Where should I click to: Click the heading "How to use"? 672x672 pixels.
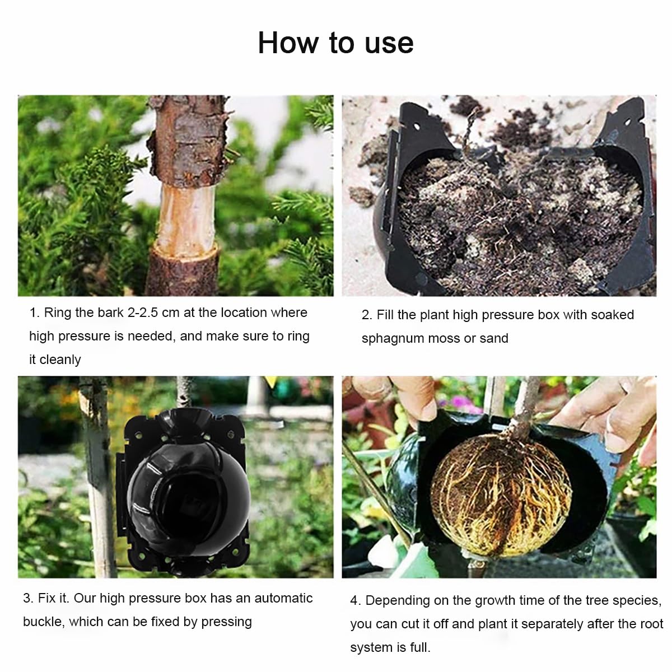point(335,43)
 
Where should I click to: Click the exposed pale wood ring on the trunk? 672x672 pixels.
point(186,216)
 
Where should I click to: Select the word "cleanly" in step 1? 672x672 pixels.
point(60,360)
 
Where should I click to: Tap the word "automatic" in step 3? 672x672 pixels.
point(283,598)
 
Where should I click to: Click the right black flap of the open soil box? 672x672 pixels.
point(624,195)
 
